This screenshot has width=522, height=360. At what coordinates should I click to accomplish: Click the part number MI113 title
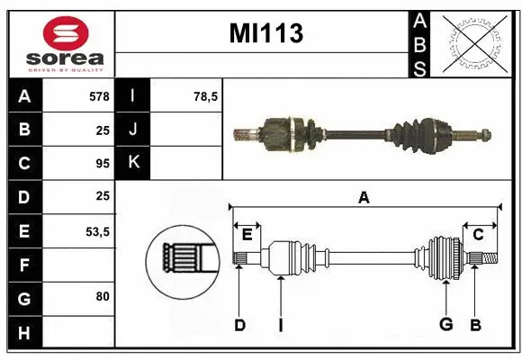[x=265, y=35]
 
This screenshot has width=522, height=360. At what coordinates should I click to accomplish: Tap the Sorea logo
[x=59, y=43]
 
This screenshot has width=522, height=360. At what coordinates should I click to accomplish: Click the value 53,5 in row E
[x=97, y=231]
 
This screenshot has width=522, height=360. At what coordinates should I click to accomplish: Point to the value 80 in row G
[x=102, y=297]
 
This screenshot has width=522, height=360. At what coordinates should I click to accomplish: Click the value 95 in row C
[x=102, y=164]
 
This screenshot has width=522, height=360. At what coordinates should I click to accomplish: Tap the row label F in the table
[x=24, y=265]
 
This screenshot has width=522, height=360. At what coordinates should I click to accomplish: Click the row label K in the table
[x=134, y=164]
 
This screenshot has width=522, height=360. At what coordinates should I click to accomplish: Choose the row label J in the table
[x=134, y=130]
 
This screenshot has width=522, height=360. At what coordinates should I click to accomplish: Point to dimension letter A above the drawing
[x=364, y=198]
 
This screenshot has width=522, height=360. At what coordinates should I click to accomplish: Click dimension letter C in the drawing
[x=478, y=235]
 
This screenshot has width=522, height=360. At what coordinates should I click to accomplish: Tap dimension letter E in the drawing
[x=247, y=235]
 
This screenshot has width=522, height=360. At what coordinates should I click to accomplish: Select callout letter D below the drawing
[x=239, y=325]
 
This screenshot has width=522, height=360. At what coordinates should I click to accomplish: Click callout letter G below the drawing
[x=445, y=325]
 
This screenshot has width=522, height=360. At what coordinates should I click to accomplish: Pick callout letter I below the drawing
[x=281, y=325]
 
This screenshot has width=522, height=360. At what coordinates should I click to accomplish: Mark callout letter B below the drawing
[x=476, y=325]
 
